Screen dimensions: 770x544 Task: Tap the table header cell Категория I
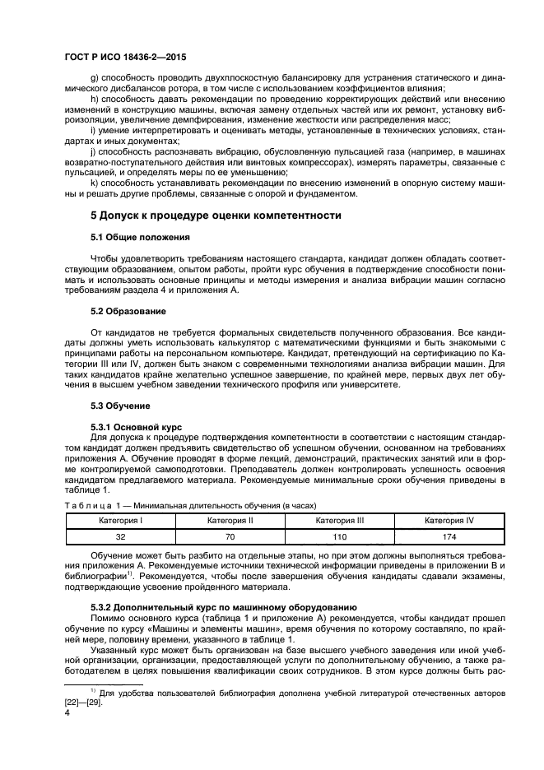pyautogui.click(x=120, y=521)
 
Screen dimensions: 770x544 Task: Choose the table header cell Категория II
pyautogui.click(x=230, y=521)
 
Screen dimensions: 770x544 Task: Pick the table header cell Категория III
pyautogui.click(x=339, y=521)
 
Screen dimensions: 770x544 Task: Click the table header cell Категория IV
pyautogui.click(x=449, y=521)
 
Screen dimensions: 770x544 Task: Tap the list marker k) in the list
pyautogui.click(x=95, y=184)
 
